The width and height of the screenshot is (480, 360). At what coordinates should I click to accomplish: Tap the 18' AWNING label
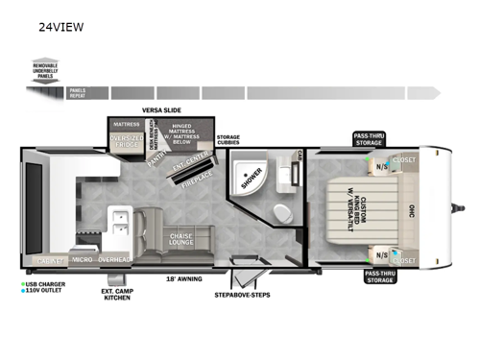[182, 279]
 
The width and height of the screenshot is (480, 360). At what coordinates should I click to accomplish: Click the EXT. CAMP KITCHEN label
[118, 294]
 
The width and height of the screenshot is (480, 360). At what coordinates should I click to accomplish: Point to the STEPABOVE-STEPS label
[242, 294]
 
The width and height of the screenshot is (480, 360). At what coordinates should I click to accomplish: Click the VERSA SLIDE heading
[161, 110]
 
